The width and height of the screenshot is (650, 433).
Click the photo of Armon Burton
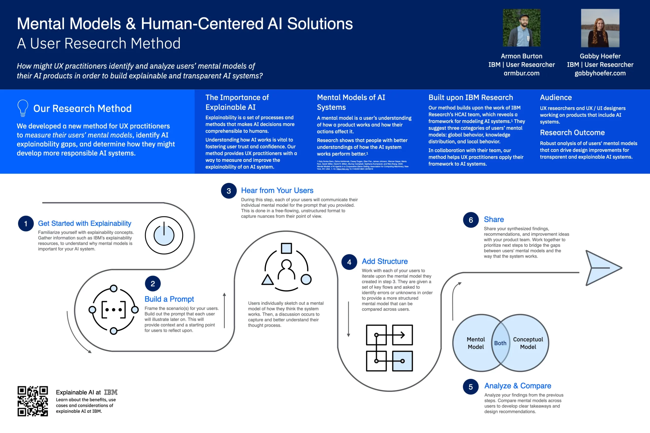click(x=522, y=28)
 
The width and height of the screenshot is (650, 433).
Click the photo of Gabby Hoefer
click(x=600, y=28)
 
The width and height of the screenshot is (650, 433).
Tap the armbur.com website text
click(x=522, y=73)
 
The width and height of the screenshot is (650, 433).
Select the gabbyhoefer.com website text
click(x=600, y=73)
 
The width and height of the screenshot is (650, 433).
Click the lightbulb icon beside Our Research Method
click(x=23, y=108)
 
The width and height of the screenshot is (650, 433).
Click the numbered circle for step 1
click(x=26, y=223)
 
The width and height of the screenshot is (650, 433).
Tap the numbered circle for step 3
click(x=229, y=191)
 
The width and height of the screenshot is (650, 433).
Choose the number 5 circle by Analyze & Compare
click(x=471, y=387)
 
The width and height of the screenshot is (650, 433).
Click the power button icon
click(x=164, y=235)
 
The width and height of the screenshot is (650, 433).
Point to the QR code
click(x=32, y=401)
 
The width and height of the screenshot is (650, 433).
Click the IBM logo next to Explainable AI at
click(x=111, y=392)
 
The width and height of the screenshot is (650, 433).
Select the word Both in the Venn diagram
click(x=500, y=343)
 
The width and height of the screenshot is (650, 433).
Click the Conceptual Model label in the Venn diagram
click(x=528, y=343)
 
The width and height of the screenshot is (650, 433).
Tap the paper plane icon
click(x=603, y=268)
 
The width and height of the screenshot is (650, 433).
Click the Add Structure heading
click(x=385, y=261)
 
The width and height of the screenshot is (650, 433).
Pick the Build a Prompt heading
click(x=169, y=299)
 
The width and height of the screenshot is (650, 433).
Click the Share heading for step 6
click(x=494, y=219)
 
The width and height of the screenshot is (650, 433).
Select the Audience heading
click(x=556, y=97)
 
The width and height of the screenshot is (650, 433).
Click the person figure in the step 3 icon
click(x=286, y=269)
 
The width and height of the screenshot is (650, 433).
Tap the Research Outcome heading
click(x=572, y=133)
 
